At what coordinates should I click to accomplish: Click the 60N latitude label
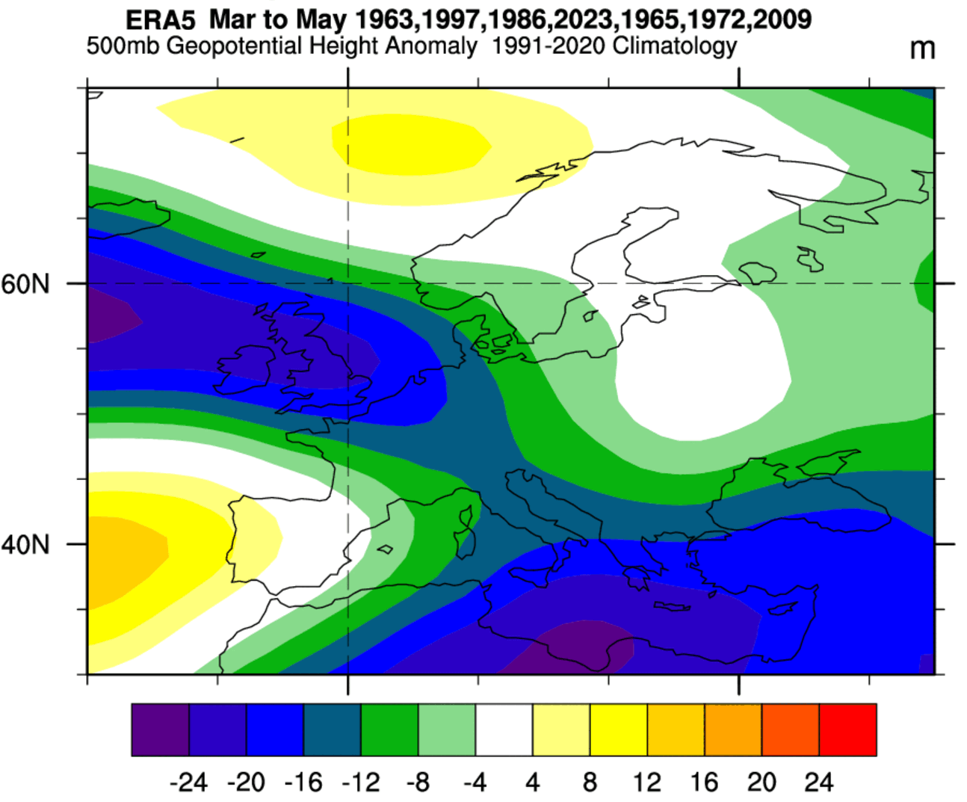click(25, 284)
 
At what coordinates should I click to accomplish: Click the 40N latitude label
click(25, 544)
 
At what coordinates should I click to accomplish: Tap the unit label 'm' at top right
click(922, 49)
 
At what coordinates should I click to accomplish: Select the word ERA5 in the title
click(161, 19)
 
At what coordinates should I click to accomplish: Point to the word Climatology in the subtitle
click(674, 46)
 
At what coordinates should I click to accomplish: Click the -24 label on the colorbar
click(188, 783)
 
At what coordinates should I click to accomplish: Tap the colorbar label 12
click(646, 783)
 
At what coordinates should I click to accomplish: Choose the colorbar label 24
click(818, 783)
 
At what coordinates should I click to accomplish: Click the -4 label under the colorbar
click(475, 783)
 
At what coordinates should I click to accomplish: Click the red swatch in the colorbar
click(847, 729)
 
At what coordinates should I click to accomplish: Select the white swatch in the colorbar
click(504, 729)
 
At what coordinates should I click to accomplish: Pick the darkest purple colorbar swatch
click(160, 729)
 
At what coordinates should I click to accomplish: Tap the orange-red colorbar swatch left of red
click(790, 729)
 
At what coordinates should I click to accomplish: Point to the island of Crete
click(672, 607)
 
